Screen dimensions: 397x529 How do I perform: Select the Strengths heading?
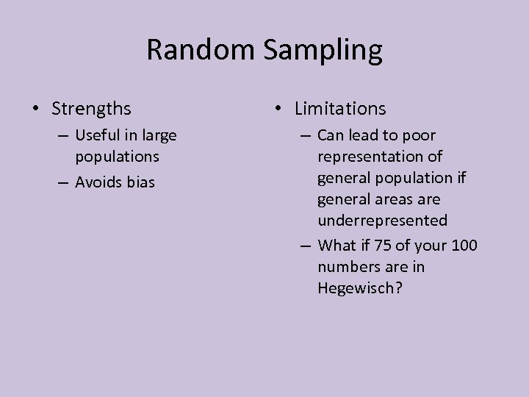pos(92,109)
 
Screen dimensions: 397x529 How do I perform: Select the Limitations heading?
pos(340,109)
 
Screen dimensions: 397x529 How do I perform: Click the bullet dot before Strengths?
pos(36,110)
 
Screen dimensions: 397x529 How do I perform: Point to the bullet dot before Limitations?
pos(278,110)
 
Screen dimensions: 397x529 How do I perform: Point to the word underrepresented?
pos(382,221)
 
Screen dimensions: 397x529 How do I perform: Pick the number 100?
pos(464,245)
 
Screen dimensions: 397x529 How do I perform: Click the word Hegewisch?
pos(360,289)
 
